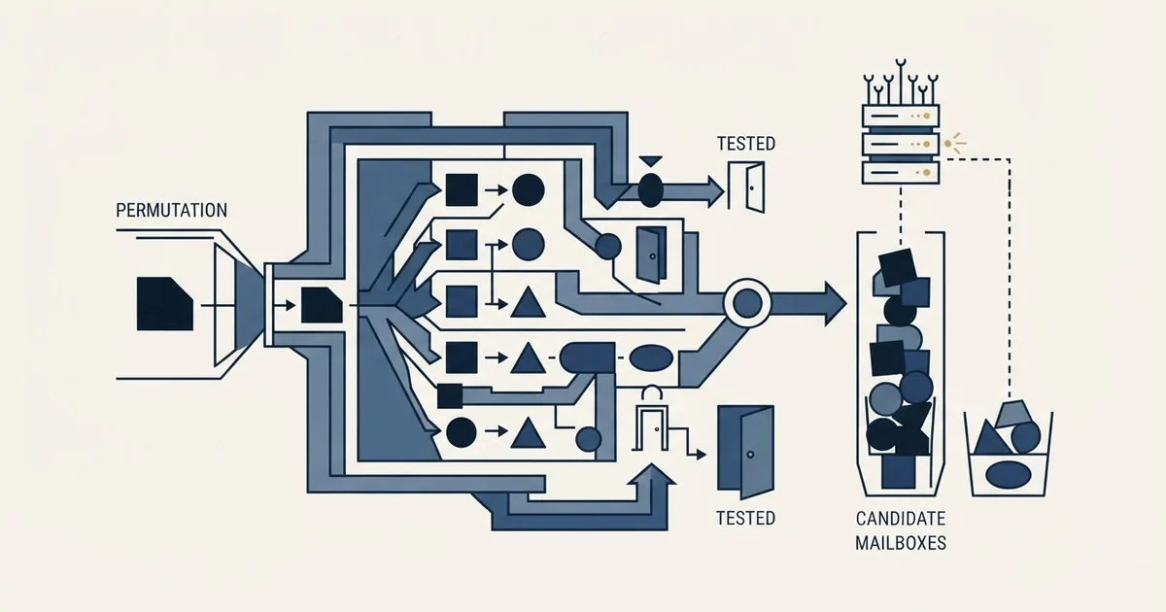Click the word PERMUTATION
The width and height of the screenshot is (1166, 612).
(171, 210)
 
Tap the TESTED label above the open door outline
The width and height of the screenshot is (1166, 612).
(746, 144)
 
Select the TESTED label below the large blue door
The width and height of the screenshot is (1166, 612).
(745, 518)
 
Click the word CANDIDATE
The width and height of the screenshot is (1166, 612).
(901, 519)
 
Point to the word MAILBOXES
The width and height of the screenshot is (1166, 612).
(901, 543)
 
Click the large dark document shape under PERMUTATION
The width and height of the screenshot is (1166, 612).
(165, 304)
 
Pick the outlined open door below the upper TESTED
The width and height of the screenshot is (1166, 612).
(746, 187)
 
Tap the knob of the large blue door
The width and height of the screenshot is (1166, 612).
(750, 455)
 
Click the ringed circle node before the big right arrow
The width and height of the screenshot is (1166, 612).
(747, 303)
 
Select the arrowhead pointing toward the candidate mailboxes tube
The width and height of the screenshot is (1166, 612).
(835, 303)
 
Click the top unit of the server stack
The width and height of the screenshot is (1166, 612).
(901, 116)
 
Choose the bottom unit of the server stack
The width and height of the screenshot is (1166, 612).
(901, 172)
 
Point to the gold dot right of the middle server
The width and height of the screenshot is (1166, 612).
(948, 144)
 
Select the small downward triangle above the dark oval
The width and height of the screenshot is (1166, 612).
(650, 161)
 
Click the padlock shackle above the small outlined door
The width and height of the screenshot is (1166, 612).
(652, 392)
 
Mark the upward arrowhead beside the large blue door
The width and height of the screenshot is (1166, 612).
(651, 475)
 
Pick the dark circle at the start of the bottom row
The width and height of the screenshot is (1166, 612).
(462, 432)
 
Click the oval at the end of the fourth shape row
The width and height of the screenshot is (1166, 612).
(651, 358)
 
